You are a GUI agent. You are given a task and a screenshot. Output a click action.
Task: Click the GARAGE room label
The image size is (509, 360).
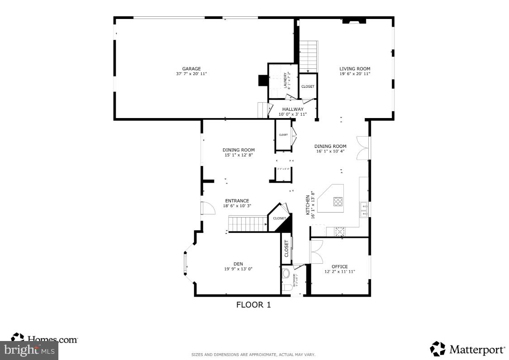191,69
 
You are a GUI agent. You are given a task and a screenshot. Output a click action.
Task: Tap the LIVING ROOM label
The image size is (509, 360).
355,69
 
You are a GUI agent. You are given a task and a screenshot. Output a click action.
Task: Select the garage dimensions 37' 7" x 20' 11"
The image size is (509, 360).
191,74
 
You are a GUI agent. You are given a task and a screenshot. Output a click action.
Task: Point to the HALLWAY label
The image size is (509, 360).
293,109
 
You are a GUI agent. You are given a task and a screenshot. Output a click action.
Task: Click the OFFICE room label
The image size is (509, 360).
339,266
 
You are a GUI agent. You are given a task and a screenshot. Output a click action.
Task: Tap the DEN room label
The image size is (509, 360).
238,264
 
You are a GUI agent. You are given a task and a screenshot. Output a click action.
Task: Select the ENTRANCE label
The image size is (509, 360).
237,201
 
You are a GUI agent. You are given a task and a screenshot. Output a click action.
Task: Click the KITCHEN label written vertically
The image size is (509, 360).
308,205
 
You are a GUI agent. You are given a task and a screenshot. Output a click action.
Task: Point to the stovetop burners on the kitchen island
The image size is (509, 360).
338,202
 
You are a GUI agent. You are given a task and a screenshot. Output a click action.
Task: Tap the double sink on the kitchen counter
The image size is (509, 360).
364,210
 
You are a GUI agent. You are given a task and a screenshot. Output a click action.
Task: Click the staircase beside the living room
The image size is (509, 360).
309,57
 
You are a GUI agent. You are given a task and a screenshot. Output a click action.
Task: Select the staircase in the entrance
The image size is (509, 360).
247,224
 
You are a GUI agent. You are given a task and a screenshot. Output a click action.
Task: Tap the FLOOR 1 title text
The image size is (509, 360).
253,305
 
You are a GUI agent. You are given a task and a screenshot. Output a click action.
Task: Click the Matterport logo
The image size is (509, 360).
467,349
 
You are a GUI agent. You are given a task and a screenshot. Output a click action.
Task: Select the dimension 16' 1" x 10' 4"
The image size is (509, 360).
330,152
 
